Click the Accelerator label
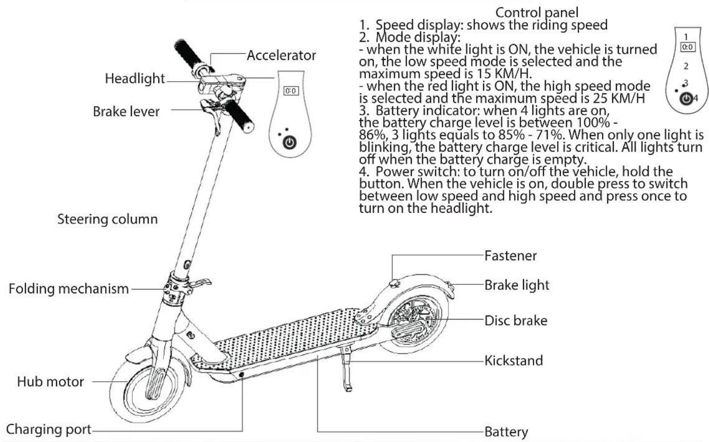(281, 56)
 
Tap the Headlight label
(135, 78)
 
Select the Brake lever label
(126, 111)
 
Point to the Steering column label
(107, 219)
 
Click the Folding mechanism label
(68, 289)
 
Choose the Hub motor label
(50, 382)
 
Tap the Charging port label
(49, 429)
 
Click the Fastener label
(510, 256)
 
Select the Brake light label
(516, 285)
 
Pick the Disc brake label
(516, 321)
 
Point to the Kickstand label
(514, 360)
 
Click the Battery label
(506, 432)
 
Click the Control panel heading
(537, 13)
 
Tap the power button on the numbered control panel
(686, 99)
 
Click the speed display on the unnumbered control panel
(290, 91)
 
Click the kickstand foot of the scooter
(348, 388)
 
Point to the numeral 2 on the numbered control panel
(686, 66)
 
